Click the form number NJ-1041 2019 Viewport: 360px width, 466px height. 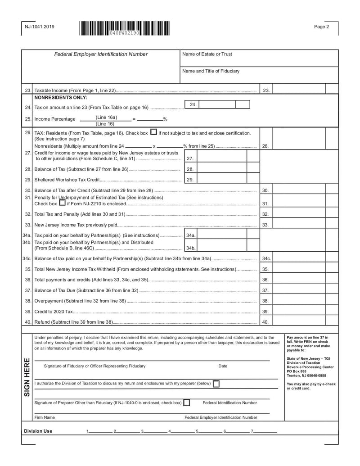tap(39, 27)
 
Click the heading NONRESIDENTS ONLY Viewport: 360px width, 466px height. tap(60, 97)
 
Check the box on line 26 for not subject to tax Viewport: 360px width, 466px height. tap(153, 133)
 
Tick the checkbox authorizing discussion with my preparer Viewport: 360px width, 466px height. tap(216, 384)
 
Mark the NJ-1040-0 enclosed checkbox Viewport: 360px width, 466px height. tap(187, 403)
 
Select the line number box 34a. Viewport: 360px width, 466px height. tap(190, 235)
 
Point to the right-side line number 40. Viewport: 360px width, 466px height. tap(265, 322)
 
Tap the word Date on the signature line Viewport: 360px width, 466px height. tap(223, 366)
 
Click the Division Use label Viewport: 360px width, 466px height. tap(38, 431)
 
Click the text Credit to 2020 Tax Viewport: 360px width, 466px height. tap(53, 312)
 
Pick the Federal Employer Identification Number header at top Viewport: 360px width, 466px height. tap(101, 54)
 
